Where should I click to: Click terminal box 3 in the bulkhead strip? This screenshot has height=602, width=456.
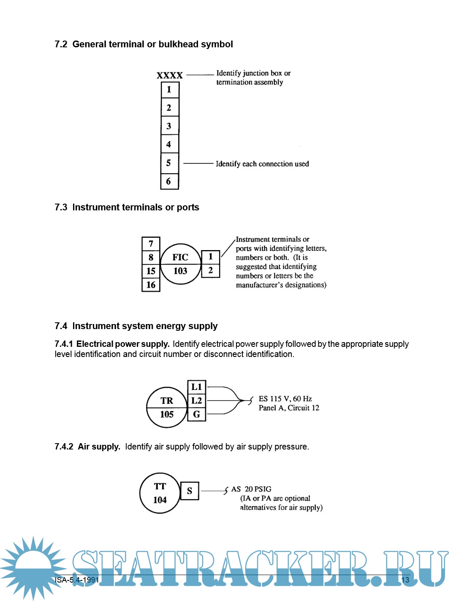169,126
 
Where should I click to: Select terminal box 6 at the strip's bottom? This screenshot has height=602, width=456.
169,181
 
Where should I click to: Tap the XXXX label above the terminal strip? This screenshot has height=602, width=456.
169,76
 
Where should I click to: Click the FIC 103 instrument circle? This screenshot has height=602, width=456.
180,264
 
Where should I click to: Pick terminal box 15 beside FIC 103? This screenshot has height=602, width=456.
151,271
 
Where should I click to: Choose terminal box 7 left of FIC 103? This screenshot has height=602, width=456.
151,244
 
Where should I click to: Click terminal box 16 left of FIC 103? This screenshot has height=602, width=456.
151,285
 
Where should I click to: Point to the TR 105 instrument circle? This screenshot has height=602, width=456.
167,407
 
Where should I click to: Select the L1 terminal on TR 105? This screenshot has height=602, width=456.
197,387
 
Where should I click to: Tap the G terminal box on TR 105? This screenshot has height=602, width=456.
197,414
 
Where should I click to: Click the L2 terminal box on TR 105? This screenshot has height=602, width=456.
197,400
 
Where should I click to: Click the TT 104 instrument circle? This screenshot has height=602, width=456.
160,493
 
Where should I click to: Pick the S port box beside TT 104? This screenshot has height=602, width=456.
190,491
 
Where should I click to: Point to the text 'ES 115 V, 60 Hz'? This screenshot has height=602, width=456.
285,399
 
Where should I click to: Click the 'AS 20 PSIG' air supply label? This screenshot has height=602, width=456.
251,489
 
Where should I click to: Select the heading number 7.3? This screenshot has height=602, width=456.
61,207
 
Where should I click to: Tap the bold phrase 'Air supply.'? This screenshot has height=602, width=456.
99,447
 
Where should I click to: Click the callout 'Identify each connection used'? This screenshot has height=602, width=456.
262,164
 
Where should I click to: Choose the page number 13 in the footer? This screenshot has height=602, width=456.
405,580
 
